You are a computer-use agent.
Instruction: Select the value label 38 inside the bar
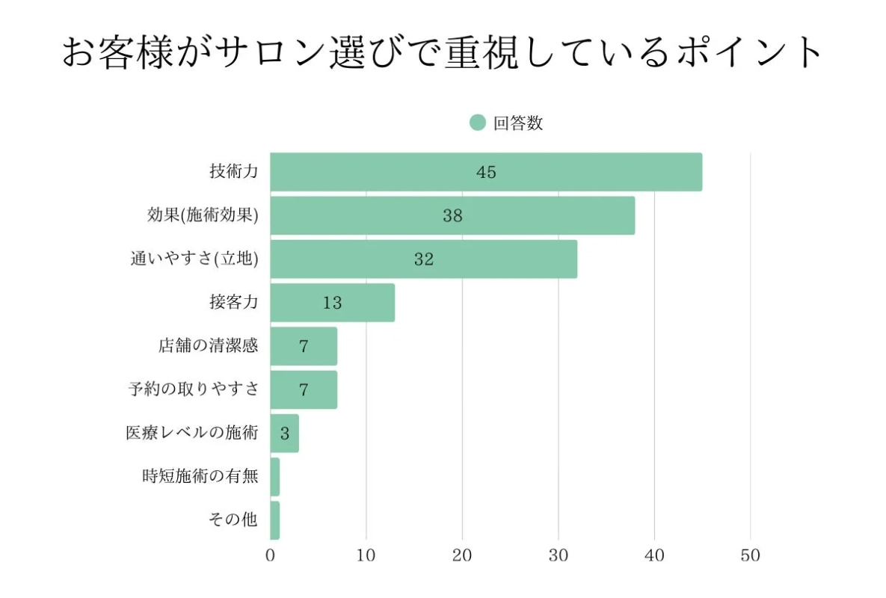pos(452,216)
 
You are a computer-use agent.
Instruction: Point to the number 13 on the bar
pos(333,303)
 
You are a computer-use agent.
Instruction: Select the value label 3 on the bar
pos(285,434)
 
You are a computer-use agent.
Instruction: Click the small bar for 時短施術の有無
pos(274,476)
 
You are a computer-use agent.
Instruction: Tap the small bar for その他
pos(274,520)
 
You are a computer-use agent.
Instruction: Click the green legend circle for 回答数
pos(478,123)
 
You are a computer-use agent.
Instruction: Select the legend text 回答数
pos(517,123)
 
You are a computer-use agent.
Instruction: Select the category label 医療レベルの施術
pos(192,433)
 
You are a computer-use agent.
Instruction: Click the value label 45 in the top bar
pos(486,173)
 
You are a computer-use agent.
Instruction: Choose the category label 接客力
pos(234,303)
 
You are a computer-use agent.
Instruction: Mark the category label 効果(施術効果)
pos(203,216)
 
